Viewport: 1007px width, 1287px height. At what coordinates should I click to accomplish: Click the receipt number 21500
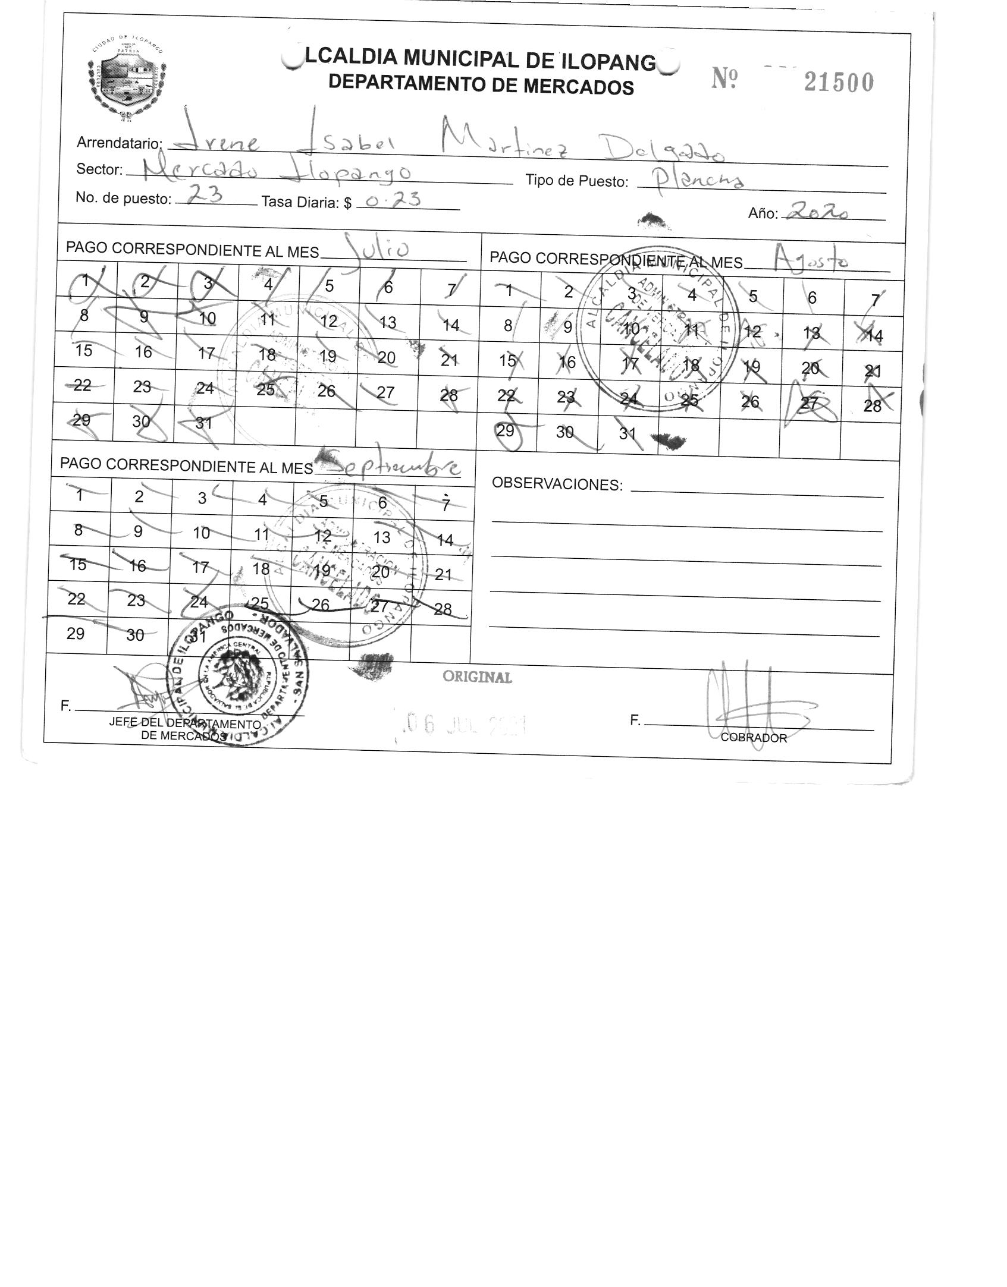839,83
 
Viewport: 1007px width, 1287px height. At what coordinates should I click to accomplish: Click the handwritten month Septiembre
393,467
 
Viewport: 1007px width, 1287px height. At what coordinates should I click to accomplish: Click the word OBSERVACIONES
557,484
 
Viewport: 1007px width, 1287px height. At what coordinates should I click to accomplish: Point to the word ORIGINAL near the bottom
477,677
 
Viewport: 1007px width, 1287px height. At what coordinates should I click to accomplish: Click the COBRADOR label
753,738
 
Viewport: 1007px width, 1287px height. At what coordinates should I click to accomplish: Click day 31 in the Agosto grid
628,433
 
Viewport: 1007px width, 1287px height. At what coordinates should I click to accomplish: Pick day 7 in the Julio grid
451,290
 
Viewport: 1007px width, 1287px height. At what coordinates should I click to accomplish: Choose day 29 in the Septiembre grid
76,633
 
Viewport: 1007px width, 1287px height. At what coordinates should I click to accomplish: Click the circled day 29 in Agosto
505,430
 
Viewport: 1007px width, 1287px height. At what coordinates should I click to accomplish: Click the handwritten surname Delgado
664,150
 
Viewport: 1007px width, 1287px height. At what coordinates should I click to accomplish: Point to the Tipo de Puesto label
576,181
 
